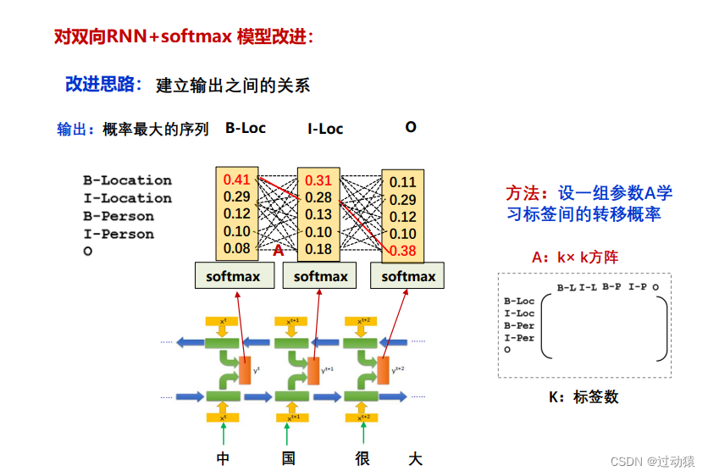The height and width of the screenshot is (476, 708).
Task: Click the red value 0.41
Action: coord(237,180)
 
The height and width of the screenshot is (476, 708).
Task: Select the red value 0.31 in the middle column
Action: coord(318,180)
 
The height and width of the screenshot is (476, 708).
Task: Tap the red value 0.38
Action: coord(403,251)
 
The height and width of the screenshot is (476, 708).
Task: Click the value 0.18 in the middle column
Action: coord(318,249)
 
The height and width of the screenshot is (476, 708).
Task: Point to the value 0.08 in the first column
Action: coord(237,248)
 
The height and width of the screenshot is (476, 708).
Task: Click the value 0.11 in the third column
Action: coord(403,182)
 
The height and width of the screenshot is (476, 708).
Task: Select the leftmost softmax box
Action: coord(234,276)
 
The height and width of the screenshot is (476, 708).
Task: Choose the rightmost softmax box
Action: coord(408,276)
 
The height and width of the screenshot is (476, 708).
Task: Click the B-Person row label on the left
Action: coord(119,216)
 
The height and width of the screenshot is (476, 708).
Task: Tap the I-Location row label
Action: coord(127,198)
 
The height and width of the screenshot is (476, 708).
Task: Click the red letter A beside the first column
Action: coord(278,251)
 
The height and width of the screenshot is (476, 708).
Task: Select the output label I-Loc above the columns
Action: coord(325,129)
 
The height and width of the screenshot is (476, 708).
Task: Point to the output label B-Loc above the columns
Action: coord(246,128)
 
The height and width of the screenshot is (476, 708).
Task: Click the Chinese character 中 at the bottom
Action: coord(223,459)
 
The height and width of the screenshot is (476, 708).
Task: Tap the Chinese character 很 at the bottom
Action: coord(363,459)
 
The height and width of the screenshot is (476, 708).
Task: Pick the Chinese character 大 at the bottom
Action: coord(415,459)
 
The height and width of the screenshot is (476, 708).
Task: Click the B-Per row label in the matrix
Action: coord(519,325)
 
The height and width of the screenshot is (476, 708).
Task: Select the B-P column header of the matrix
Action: coord(611,288)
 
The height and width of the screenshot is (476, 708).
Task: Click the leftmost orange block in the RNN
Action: coord(246,371)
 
